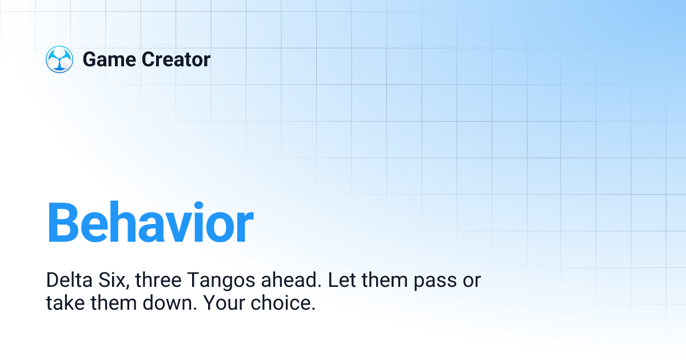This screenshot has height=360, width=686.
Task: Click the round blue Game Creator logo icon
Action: coord(59,59)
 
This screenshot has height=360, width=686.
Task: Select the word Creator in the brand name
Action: coord(175,59)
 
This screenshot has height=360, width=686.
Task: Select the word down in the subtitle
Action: coord(169,303)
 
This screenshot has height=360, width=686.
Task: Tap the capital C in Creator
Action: coord(147,59)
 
